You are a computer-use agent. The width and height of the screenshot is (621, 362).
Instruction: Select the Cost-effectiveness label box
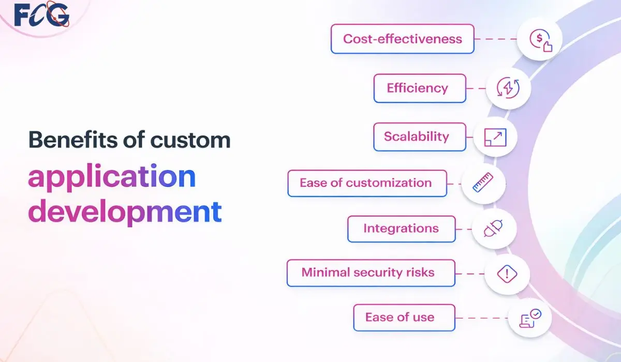402,39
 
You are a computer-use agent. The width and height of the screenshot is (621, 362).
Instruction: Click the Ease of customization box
366,183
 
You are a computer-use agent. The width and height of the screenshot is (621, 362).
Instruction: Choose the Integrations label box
401,229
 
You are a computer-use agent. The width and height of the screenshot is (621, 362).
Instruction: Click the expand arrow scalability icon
495,137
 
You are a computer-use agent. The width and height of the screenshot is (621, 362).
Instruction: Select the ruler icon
483,183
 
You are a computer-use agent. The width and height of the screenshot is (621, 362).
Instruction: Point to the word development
124,212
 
